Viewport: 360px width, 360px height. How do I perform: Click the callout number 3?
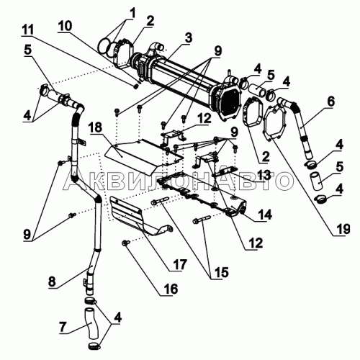(x=189, y=37)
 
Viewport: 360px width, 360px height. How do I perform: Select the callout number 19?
(x=343, y=229)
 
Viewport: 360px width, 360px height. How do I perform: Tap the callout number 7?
(x=63, y=327)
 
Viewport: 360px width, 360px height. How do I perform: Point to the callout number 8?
(x=52, y=281)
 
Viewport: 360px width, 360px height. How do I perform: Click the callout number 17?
(x=179, y=264)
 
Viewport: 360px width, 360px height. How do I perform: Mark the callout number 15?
(x=222, y=272)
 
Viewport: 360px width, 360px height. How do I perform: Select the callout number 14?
(x=265, y=215)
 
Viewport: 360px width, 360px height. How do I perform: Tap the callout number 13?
(x=264, y=176)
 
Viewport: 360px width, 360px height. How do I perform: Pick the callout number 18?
(x=96, y=127)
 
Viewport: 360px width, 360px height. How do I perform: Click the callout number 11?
(x=27, y=30)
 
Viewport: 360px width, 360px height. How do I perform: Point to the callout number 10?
(x=64, y=25)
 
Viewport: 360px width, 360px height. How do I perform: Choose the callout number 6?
(x=330, y=102)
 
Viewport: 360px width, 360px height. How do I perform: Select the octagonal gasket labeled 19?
(x=274, y=123)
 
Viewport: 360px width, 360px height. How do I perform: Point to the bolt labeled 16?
(x=125, y=243)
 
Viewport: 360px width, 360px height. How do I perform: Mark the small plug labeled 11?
(x=136, y=86)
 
